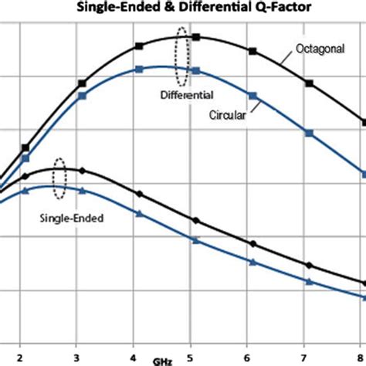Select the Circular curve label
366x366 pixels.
click(227, 115)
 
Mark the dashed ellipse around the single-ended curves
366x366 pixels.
click(59, 183)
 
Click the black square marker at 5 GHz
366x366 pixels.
click(196, 37)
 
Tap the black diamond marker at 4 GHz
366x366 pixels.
click(139, 194)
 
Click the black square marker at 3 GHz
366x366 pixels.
click(83, 83)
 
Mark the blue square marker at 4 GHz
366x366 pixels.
click(139, 69)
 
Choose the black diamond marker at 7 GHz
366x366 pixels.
click(309, 266)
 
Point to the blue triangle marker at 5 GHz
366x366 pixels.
click(195, 241)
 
